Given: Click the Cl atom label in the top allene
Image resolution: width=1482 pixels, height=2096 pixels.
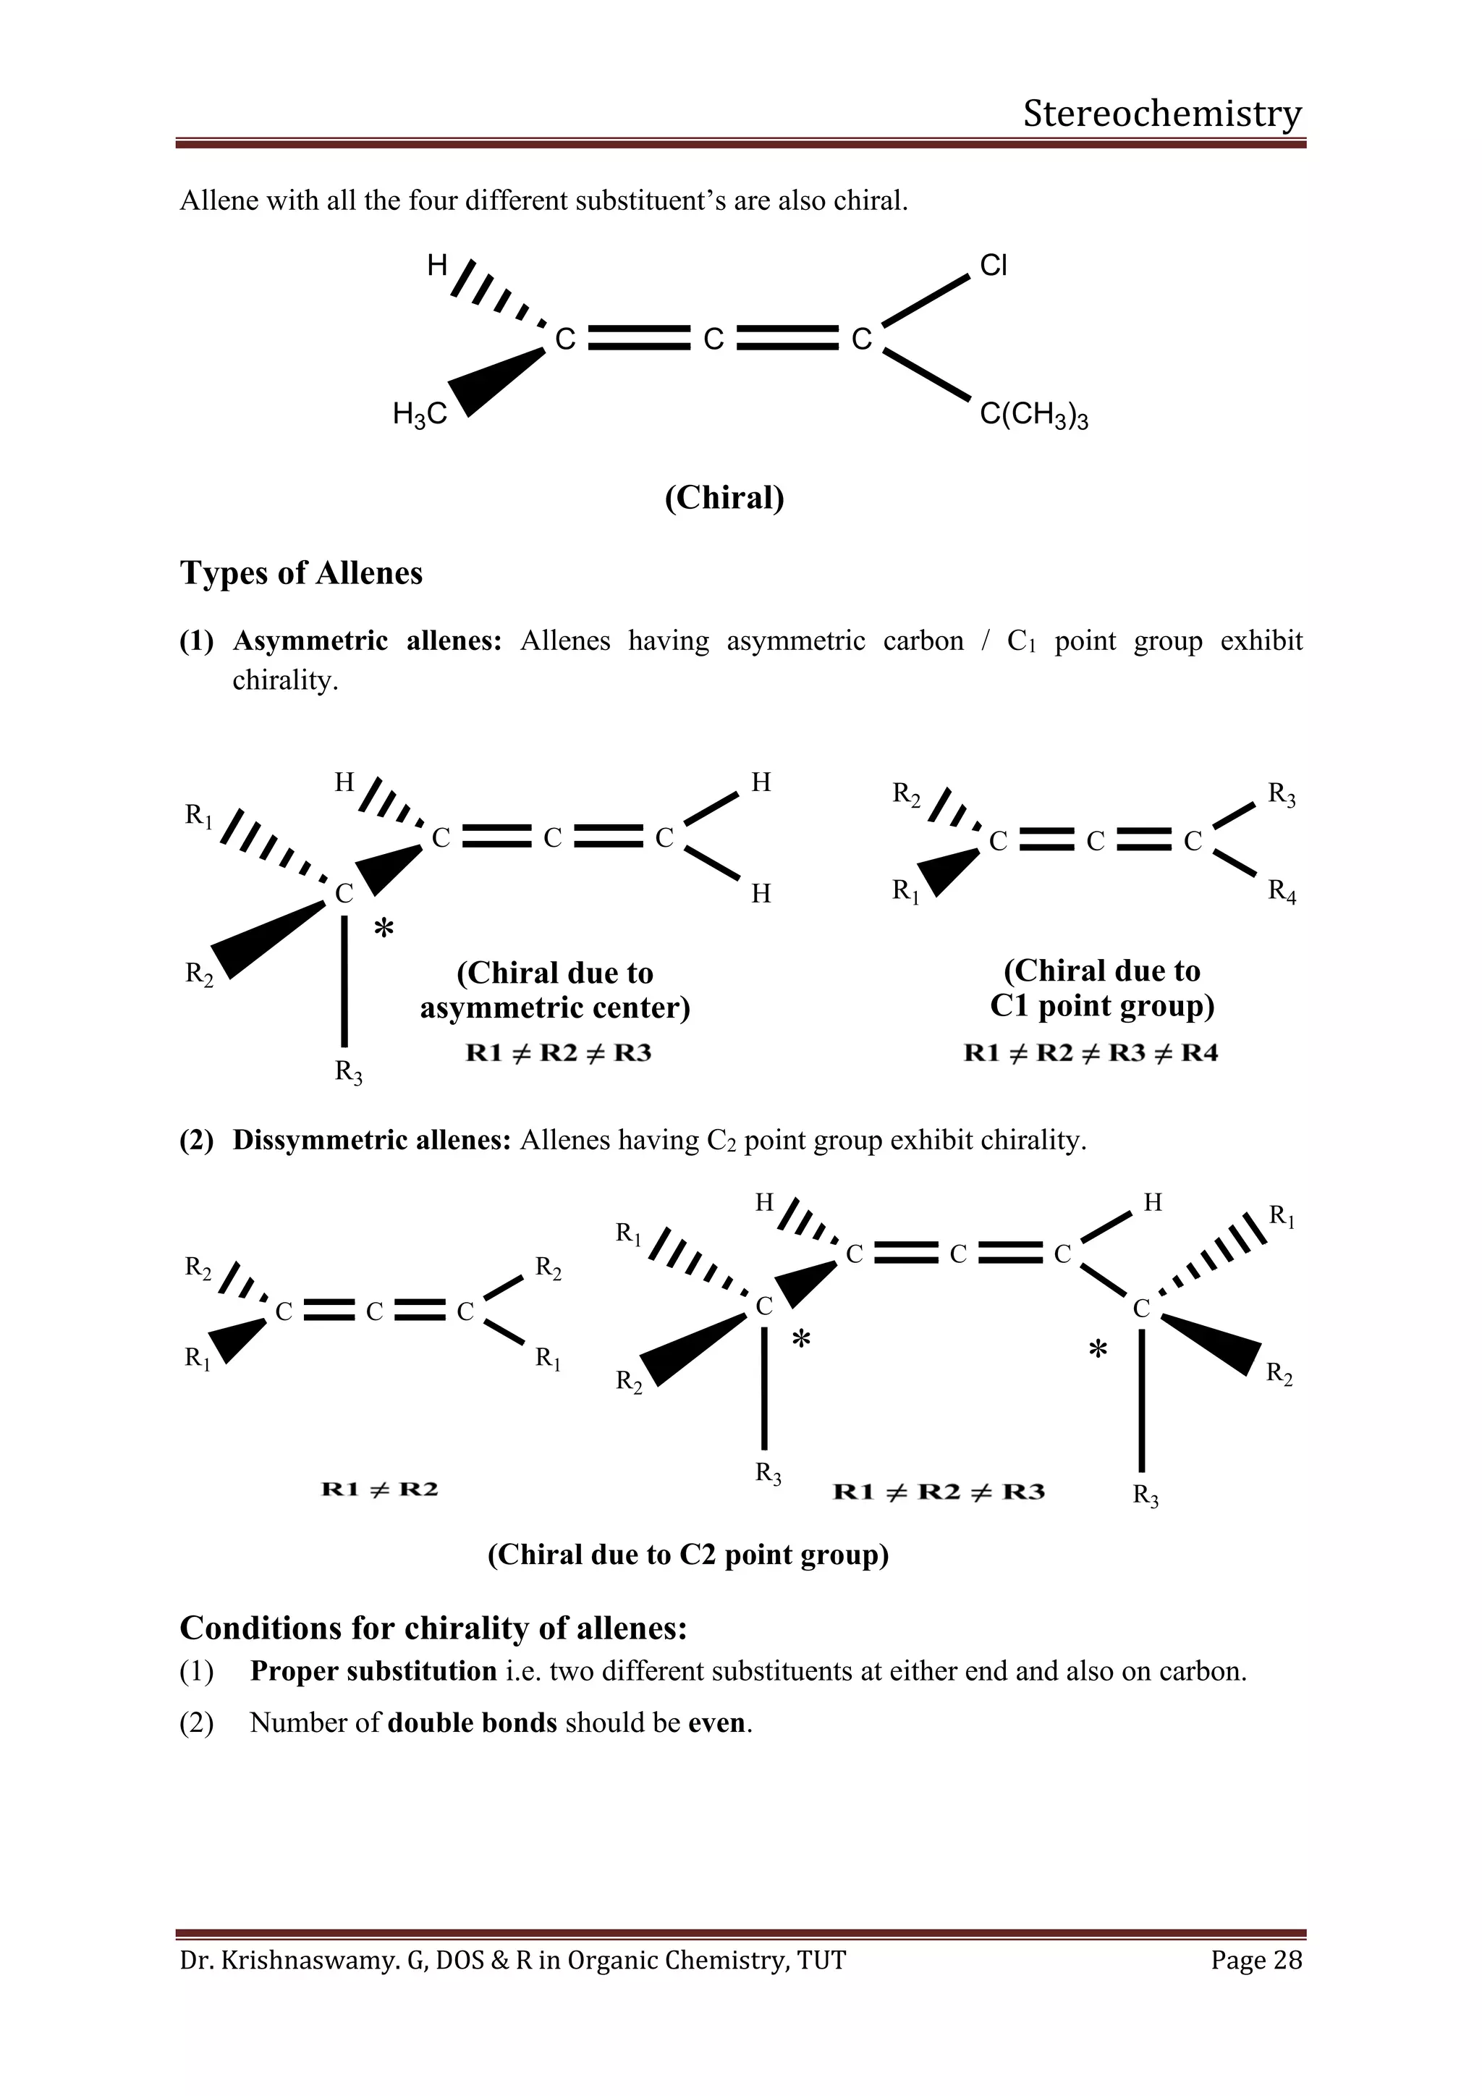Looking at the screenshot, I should click(x=993, y=266).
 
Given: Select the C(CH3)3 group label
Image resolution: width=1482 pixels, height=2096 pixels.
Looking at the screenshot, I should click(x=1033, y=415).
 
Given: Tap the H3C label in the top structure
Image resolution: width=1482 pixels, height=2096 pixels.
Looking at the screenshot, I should click(x=420, y=415).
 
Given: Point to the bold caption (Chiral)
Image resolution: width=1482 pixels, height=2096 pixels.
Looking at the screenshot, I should click(x=724, y=497).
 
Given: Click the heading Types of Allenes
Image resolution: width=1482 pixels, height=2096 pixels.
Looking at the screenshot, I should click(x=301, y=573).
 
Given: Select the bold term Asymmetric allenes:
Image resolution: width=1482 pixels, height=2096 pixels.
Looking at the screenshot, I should click(x=367, y=641).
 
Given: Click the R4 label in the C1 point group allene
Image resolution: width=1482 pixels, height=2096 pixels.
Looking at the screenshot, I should click(x=1282, y=890).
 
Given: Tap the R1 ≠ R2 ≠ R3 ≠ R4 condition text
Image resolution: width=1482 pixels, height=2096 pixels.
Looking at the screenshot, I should click(x=1091, y=1054).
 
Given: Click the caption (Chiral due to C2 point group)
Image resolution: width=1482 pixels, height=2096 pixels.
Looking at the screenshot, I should click(x=688, y=1555).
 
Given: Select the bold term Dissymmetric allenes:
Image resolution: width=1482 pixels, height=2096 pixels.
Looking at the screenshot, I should click(x=371, y=1140).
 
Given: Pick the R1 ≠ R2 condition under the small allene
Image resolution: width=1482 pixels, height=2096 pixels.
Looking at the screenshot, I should click(x=380, y=1489).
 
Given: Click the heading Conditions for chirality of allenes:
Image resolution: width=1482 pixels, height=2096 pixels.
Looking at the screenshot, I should click(x=433, y=1628).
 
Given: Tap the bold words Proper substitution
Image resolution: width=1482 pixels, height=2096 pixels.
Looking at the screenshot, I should click(x=373, y=1671).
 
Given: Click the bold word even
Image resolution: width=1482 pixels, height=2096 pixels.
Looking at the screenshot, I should click(x=718, y=1723).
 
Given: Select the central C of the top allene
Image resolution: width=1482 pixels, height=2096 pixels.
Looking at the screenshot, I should click(x=713, y=339).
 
